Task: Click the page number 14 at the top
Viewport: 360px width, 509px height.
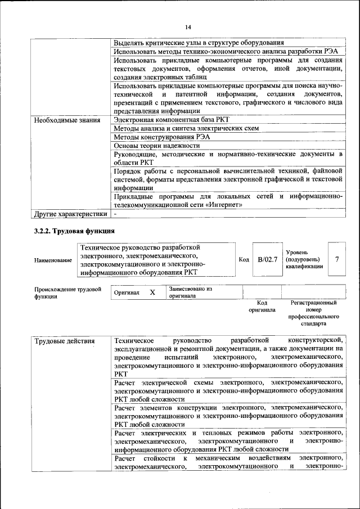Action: tap(188, 27)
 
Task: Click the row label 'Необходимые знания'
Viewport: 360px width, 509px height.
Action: tap(67, 120)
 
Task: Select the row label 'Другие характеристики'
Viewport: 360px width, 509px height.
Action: tap(70, 214)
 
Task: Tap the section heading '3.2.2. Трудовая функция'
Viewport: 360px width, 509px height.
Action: tap(74, 231)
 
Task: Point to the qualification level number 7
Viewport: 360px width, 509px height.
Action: tap(336, 259)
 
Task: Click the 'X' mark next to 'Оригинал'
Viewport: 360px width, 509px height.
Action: tap(152, 292)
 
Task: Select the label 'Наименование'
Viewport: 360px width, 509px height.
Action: tap(53, 260)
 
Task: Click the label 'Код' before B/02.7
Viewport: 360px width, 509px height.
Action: tap(244, 259)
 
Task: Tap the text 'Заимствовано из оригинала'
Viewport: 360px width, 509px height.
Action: tap(190, 292)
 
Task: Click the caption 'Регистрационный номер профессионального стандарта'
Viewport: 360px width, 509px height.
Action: tap(313, 313)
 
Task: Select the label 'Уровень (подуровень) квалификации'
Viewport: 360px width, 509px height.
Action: tap(304, 259)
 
